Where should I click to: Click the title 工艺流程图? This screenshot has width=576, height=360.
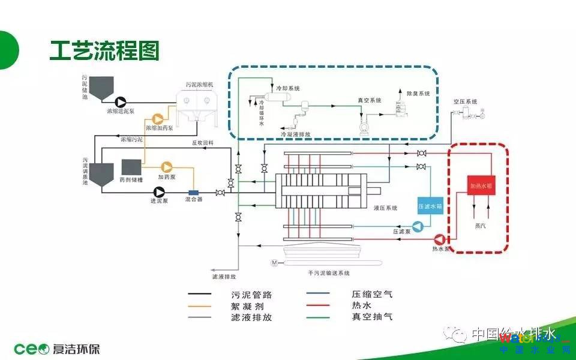click(x=104, y=51)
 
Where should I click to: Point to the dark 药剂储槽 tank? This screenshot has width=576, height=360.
click(x=131, y=167)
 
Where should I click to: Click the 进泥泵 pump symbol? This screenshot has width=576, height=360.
click(x=159, y=191)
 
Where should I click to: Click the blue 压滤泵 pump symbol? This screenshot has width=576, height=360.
click(x=419, y=226)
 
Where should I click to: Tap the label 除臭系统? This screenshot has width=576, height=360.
click(x=418, y=94)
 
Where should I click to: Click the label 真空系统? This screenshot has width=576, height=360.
click(x=370, y=100)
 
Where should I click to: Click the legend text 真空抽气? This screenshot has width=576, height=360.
click(x=372, y=317)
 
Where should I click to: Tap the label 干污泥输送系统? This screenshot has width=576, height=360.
click(x=329, y=272)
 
